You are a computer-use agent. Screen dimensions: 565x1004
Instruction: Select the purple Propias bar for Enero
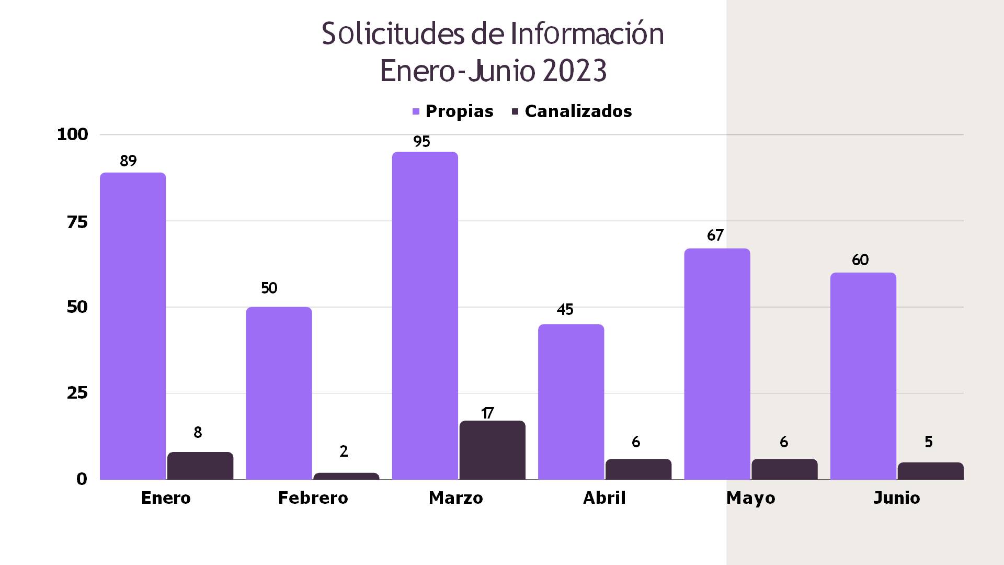[x=133, y=325]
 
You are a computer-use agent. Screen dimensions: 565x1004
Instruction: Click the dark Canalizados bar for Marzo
[x=492, y=450]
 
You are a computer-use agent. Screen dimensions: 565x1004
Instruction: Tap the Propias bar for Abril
[x=571, y=401]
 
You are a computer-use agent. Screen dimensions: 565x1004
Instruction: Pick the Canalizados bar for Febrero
[x=346, y=476]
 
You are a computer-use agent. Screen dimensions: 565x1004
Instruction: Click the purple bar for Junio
[x=863, y=376]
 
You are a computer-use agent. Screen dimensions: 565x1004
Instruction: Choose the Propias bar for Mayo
[x=717, y=364]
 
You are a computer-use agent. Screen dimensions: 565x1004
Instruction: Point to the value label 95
[x=421, y=142]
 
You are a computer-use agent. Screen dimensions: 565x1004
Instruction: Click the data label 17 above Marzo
[x=487, y=413]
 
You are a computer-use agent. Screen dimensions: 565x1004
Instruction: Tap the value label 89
[x=128, y=161]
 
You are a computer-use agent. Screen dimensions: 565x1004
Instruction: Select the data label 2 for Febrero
[x=344, y=451]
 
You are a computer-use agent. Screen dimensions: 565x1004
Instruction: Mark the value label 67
[x=715, y=235]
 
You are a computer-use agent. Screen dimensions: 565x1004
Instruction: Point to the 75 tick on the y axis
[x=77, y=222]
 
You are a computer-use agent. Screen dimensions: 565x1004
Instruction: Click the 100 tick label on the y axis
[x=73, y=134]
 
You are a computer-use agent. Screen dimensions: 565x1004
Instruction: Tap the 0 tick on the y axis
[x=82, y=479]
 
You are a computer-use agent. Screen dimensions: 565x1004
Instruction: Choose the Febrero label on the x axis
[x=313, y=498]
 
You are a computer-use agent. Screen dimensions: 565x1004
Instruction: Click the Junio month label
[x=896, y=498]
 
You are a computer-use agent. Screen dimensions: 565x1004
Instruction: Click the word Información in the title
[x=587, y=34]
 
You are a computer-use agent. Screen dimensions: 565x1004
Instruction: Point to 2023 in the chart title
[x=574, y=71]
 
